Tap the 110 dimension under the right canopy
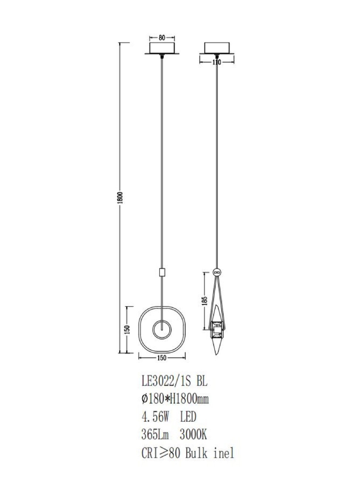click(x=217, y=62)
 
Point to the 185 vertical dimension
click(x=204, y=302)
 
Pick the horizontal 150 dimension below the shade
click(x=162, y=358)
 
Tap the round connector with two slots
click(x=217, y=272)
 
